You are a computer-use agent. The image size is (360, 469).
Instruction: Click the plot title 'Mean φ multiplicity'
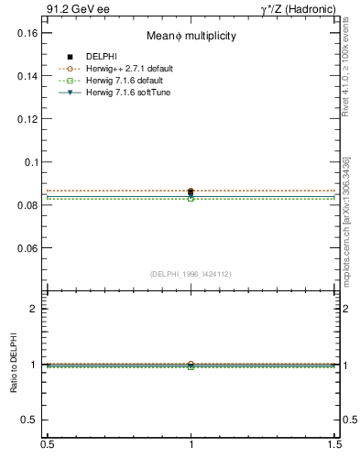pyautogui.click(x=191, y=36)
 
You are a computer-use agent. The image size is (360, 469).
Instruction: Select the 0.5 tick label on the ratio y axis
pyautogui.click(x=29, y=420)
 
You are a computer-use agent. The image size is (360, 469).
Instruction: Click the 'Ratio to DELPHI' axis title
pyautogui.click(x=14, y=365)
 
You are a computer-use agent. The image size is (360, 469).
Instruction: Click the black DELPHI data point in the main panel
pyautogui.click(x=191, y=191)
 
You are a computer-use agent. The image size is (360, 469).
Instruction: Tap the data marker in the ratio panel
pyautogui.click(x=191, y=365)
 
